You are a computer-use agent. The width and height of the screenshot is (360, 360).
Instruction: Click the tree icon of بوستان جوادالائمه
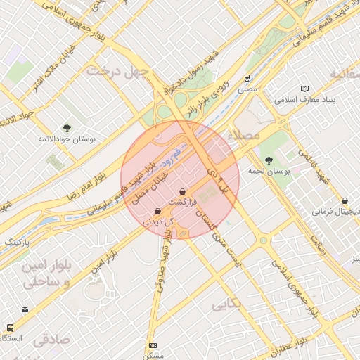[67, 127]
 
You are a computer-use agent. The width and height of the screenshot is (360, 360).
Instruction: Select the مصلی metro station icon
[247, 78]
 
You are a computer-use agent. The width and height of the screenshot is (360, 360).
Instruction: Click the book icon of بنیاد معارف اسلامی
[304, 89]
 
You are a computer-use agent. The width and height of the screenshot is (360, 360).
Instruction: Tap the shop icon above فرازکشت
[183, 191]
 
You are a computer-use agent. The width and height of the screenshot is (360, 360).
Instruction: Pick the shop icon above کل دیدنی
[157, 211]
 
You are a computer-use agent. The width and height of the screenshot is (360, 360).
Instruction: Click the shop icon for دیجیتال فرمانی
[345, 201]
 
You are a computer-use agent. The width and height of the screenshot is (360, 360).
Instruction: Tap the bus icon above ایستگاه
[10, 328]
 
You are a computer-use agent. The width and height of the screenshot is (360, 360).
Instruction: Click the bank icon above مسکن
[153, 346]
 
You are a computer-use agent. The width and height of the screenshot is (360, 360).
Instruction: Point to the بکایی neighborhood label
[226, 304]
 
